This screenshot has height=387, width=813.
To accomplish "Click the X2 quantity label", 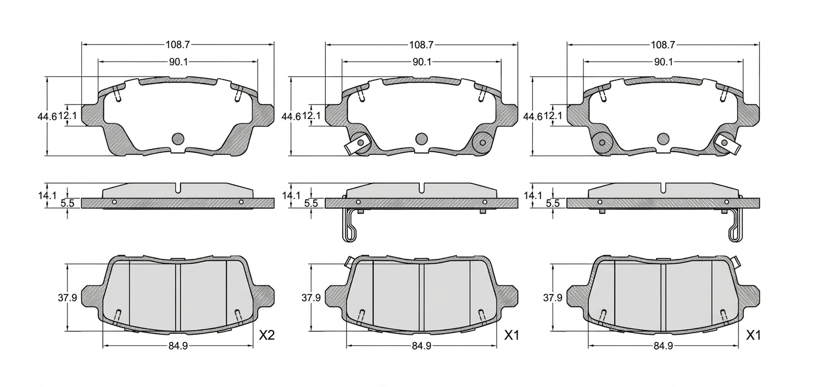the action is coord(267,335).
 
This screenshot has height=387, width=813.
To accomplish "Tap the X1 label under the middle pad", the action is coord(512,335).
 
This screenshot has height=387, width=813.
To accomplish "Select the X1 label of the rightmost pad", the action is coord(754,335).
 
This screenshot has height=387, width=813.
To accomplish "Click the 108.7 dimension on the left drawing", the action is coord(178,45).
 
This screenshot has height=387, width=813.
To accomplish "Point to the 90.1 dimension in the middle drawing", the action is coord(422,62).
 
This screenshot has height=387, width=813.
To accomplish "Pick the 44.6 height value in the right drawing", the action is coord(532,117).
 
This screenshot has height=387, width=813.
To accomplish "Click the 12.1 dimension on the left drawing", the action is coord(68,116).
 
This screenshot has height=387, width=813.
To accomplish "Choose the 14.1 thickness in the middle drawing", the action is coord(292,196).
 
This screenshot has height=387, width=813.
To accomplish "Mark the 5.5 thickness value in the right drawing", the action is coord(553,203).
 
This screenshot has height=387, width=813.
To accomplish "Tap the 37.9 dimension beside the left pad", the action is coord(68,298).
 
